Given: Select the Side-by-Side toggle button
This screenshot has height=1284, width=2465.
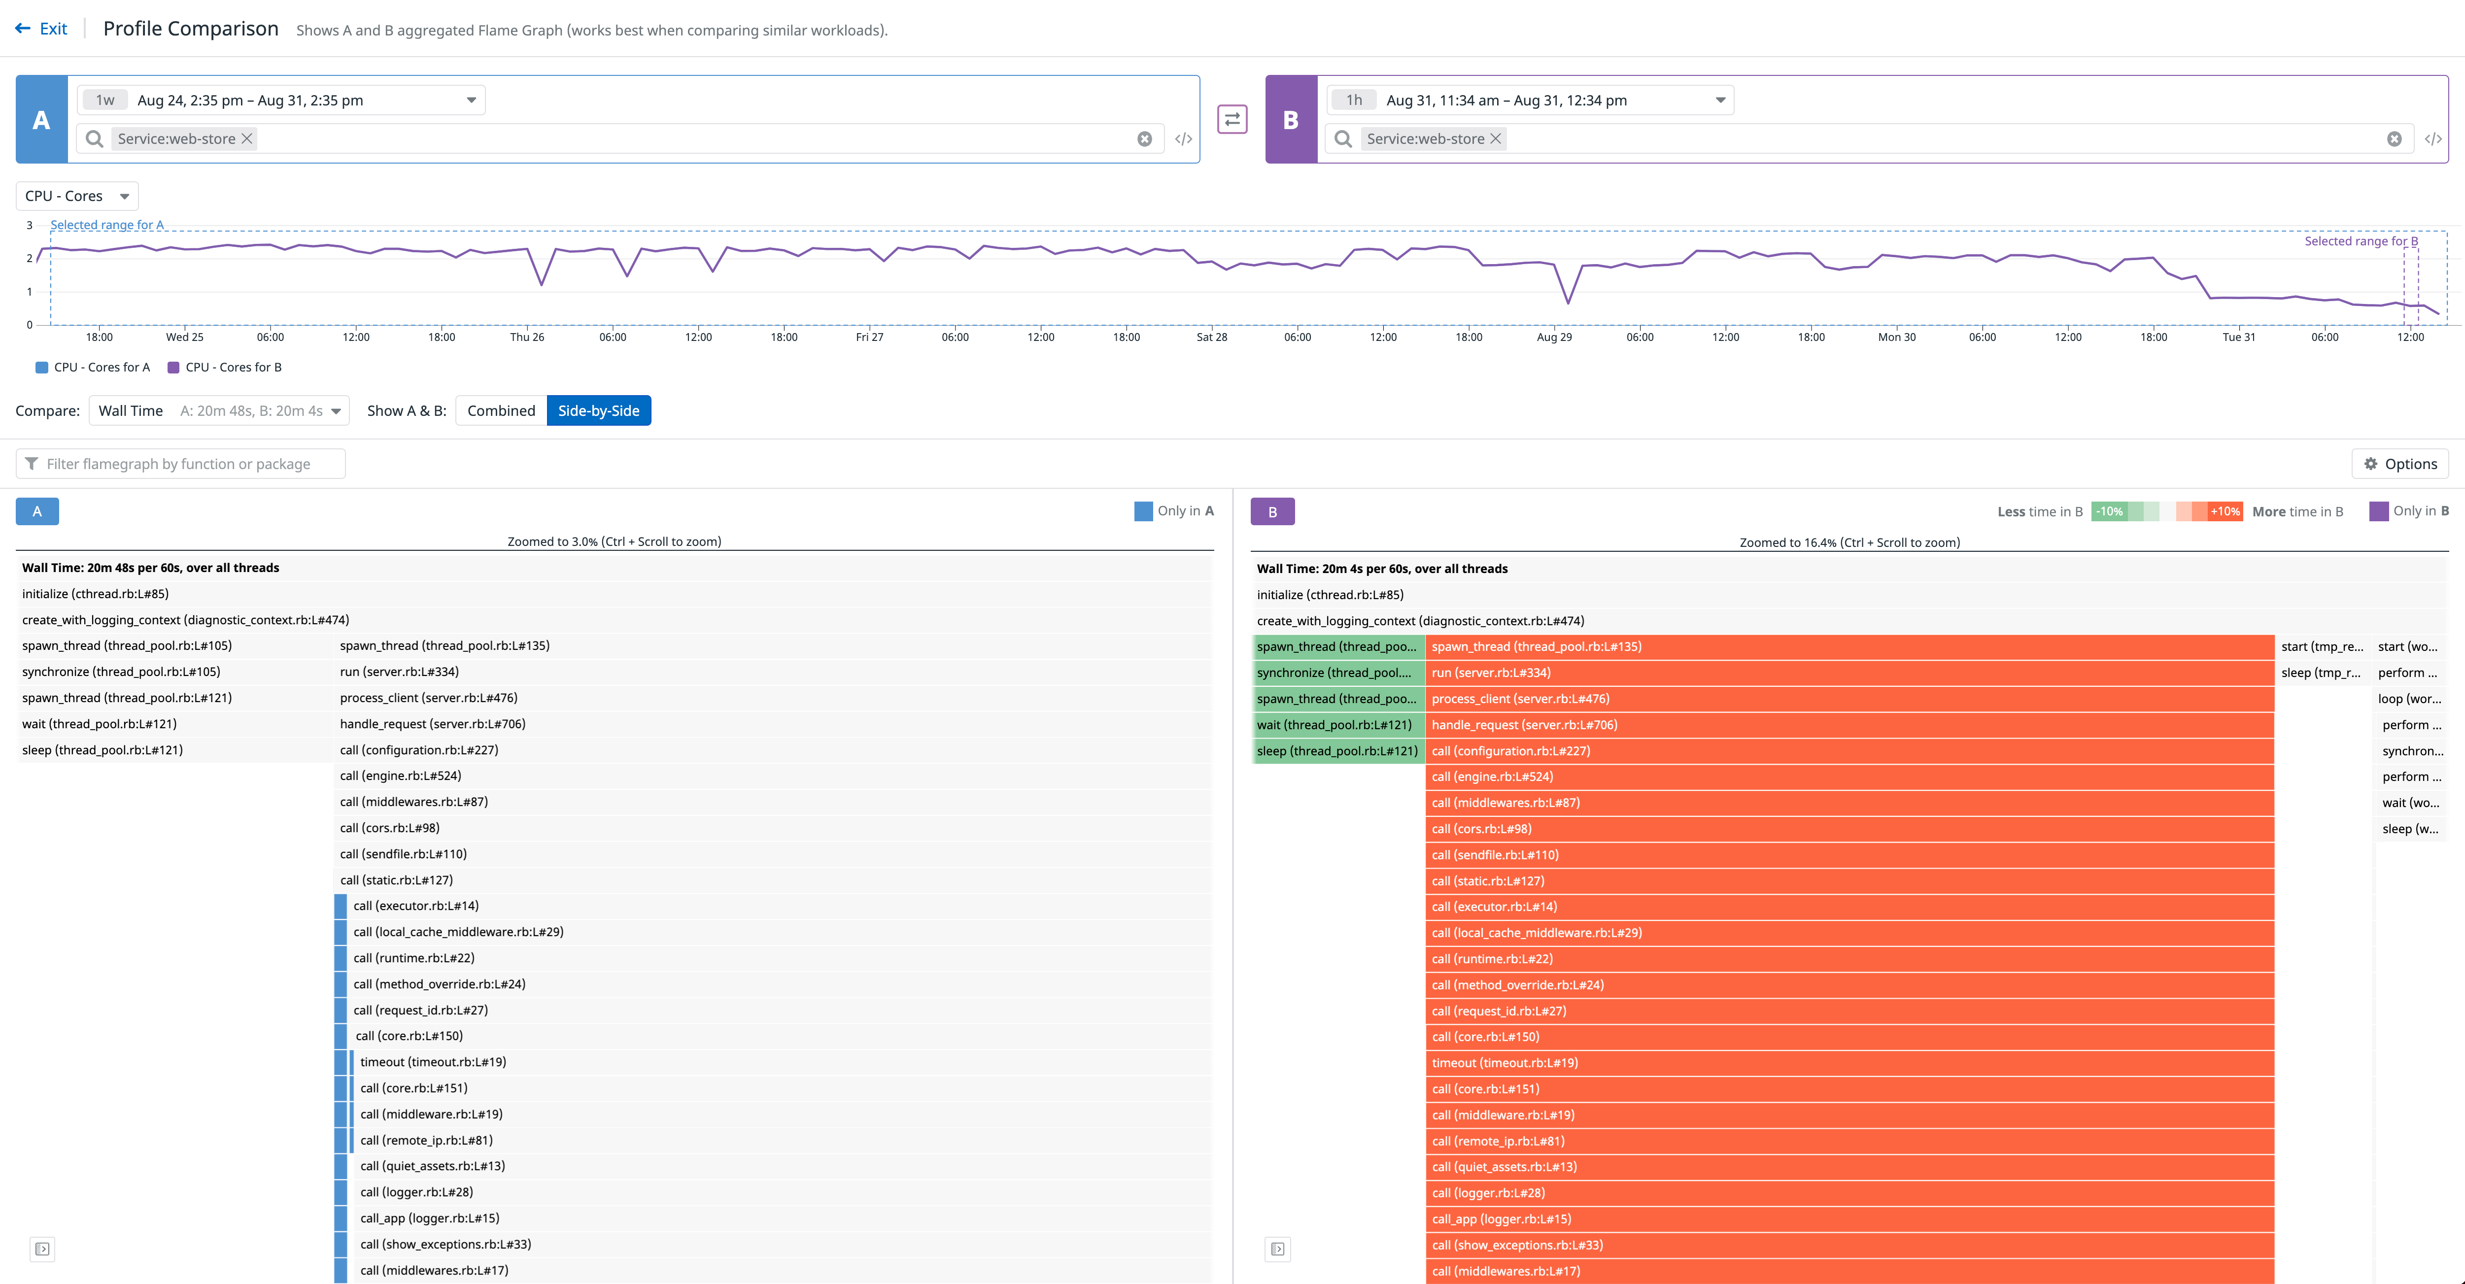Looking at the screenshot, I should click(598, 410).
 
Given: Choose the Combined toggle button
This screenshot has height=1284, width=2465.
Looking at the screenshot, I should click(501, 410).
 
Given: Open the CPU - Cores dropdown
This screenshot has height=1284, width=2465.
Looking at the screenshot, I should click(76, 196).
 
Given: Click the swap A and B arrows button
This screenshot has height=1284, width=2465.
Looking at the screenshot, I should click(1232, 120).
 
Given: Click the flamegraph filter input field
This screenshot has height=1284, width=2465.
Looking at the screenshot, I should click(182, 464).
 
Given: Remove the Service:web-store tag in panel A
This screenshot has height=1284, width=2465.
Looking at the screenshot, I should click(247, 139).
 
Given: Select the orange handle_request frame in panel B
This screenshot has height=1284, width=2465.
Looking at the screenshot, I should click(1849, 725).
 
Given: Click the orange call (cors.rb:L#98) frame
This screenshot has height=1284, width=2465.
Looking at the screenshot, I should click(1849, 829).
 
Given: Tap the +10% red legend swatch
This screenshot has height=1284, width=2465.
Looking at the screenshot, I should click(2225, 512).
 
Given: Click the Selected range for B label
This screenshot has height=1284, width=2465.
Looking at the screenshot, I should click(2360, 241).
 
